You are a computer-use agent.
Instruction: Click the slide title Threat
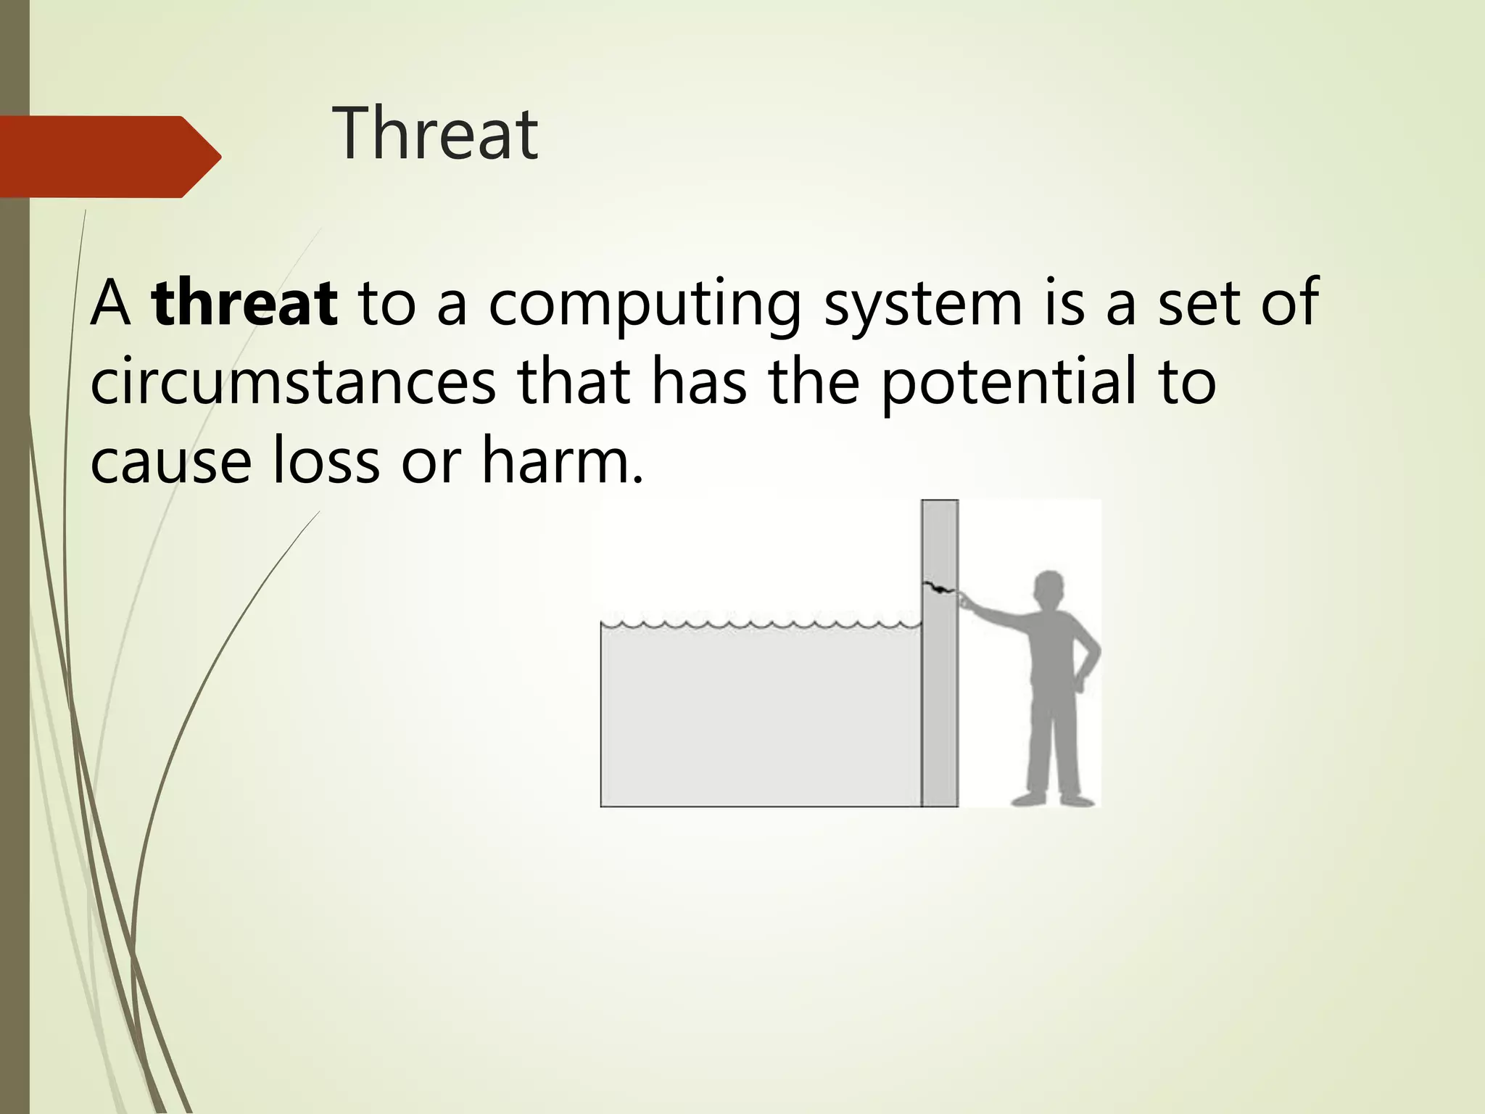click(435, 134)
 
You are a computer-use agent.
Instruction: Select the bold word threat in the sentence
click(245, 303)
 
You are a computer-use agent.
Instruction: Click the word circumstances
click(293, 383)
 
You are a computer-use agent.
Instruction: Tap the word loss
click(326, 461)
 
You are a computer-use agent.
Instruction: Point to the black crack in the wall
click(937, 587)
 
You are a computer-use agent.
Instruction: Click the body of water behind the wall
click(761, 718)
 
